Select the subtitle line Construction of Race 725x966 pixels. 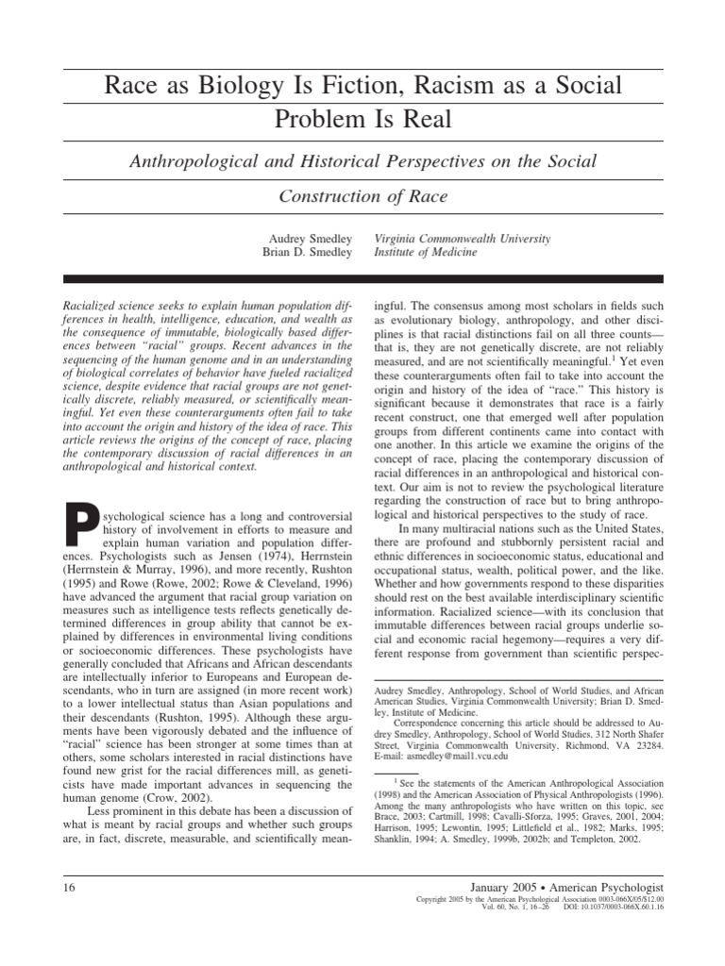pos(362,196)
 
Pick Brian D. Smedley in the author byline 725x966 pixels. pos(308,252)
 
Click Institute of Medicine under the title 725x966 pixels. pos(426,252)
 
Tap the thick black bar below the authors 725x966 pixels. pos(362,280)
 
